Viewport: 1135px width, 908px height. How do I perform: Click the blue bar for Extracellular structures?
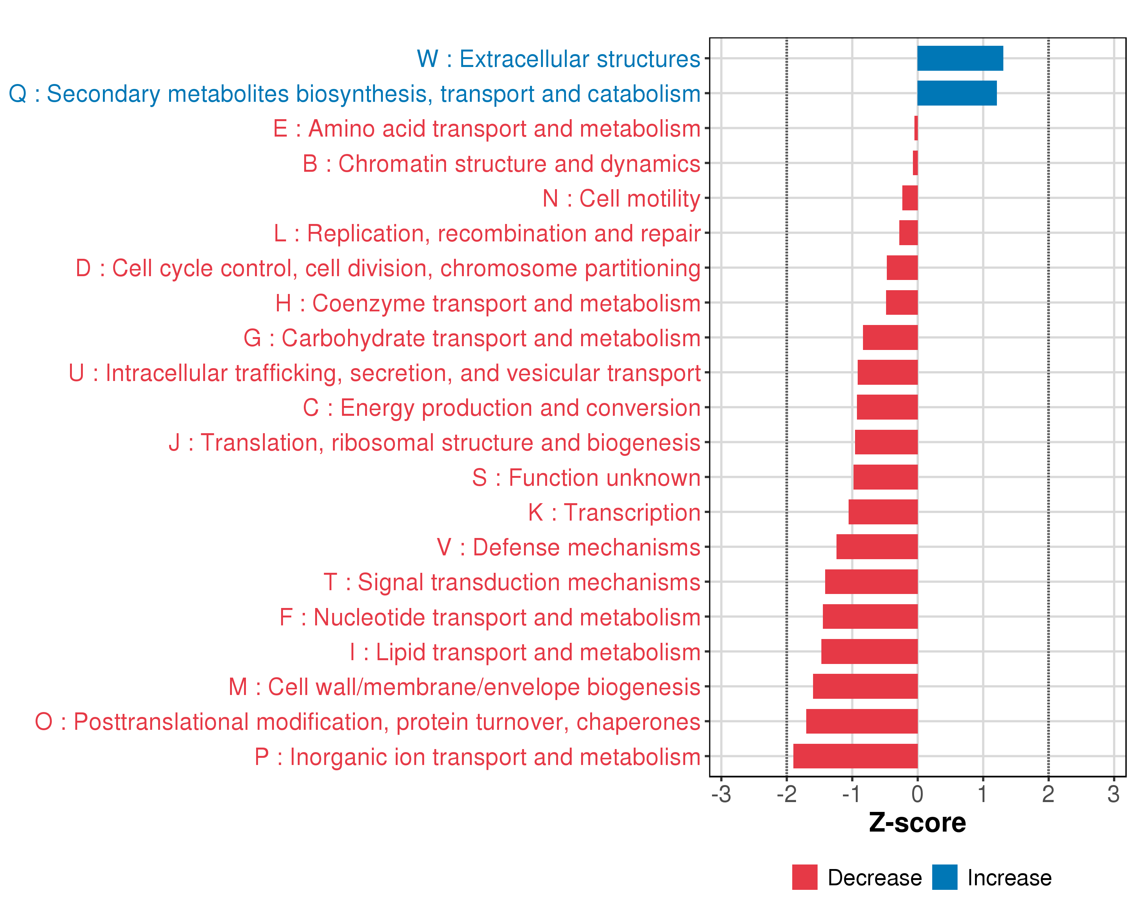(960, 58)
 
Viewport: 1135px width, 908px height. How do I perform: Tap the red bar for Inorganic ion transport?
(855, 756)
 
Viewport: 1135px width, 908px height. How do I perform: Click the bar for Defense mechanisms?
(877, 546)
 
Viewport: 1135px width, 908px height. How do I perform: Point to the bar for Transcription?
(883, 512)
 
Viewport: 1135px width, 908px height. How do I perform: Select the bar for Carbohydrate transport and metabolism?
(890, 337)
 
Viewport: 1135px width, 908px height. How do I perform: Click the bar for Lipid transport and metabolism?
(869, 651)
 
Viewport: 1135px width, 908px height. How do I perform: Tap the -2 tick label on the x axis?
(787, 794)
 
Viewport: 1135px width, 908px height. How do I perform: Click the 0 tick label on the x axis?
(917, 794)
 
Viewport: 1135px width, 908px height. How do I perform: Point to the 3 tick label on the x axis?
(1113, 794)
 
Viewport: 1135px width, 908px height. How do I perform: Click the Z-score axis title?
(917, 823)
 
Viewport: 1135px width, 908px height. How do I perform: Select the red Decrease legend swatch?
(804, 877)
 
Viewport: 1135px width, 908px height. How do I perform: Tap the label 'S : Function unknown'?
(586, 478)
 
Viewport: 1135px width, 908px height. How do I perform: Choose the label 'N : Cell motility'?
(621, 199)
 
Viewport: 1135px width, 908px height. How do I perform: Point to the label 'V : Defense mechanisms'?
(569, 547)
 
